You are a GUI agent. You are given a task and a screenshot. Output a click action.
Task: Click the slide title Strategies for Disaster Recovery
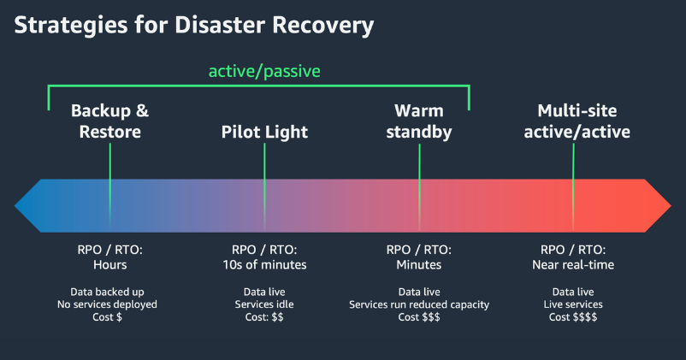[x=194, y=26]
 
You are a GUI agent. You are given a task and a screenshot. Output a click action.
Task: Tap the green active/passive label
[x=264, y=71]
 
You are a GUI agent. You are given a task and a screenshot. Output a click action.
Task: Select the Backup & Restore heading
[x=109, y=121]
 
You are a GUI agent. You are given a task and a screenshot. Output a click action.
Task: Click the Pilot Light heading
[x=264, y=132]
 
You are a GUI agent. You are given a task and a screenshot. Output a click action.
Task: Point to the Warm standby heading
[x=419, y=121]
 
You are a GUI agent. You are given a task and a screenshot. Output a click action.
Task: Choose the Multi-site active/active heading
[x=577, y=121]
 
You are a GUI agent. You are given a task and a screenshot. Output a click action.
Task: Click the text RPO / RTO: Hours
[x=109, y=257]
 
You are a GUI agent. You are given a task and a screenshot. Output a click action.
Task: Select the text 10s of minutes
[x=264, y=264]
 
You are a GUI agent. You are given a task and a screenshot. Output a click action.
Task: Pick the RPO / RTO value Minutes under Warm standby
[x=419, y=264]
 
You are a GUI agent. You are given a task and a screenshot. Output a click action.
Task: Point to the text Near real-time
[x=573, y=264]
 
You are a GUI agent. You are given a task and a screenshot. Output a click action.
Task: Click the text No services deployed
[x=109, y=304]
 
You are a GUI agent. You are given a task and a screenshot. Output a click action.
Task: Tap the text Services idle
[x=264, y=304]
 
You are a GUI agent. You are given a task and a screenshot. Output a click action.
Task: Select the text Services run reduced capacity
[x=419, y=304]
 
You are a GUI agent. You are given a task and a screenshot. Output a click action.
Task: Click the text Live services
[x=573, y=304]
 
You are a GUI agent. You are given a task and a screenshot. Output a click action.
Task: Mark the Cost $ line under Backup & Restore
[x=109, y=316]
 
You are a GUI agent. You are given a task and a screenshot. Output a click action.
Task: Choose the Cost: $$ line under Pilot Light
[x=264, y=316]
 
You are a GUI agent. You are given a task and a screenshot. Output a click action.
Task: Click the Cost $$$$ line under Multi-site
[x=573, y=316]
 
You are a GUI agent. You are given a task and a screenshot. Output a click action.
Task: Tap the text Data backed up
[x=109, y=291]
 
